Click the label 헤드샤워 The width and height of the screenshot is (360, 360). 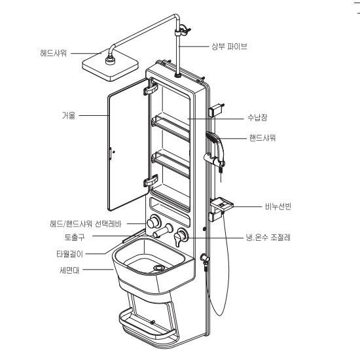(53, 53)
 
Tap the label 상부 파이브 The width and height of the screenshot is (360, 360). (229, 46)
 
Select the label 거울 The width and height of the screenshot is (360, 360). (69, 115)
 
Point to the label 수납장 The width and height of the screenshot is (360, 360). (257, 118)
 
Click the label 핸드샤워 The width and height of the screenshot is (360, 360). (262, 138)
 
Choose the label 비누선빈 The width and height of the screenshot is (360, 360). (278, 206)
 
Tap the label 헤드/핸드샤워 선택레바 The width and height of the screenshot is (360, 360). (86, 224)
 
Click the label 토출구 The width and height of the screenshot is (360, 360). (75, 237)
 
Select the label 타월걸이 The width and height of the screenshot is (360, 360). (69, 254)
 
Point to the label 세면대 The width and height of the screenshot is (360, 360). (69, 270)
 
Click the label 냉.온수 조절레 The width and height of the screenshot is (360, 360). (268, 237)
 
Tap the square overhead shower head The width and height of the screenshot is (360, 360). (110, 65)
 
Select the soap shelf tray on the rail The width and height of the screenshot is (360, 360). (221, 204)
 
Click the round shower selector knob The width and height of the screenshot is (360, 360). (153, 222)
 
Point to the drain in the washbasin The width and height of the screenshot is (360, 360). (159, 268)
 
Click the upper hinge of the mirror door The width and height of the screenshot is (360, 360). (151, 88)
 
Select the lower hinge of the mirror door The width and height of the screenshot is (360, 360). (151, 181)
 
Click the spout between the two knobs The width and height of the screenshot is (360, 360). (163, 230)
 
